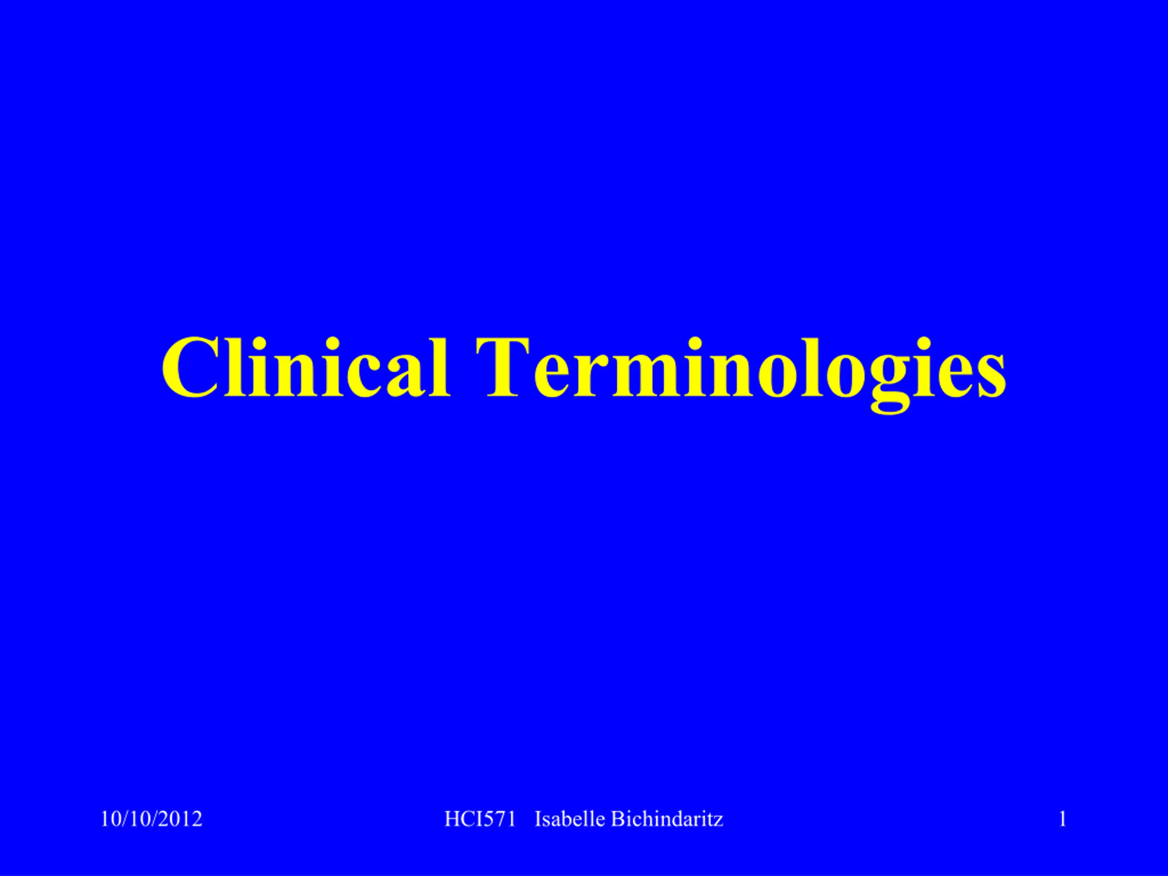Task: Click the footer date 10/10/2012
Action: pos(151,819)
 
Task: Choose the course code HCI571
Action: pos(480,819)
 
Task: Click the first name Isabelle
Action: pos(570,819)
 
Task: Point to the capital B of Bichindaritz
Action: pos(618,819)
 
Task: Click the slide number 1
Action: pos(1063,819)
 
